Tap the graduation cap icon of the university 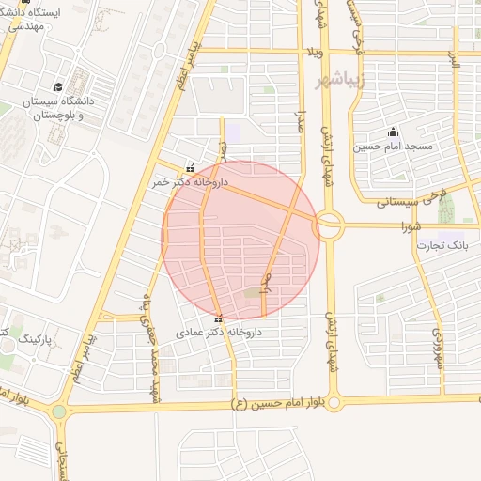coord(58,86)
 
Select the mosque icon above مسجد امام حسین coord(393,132)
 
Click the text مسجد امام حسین coord(393,147)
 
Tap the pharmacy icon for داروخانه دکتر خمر coord(191,168)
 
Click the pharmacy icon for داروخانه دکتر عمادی coord(219,318)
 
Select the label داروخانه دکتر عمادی coord(219,333)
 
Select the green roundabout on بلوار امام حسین coord(60,411)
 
